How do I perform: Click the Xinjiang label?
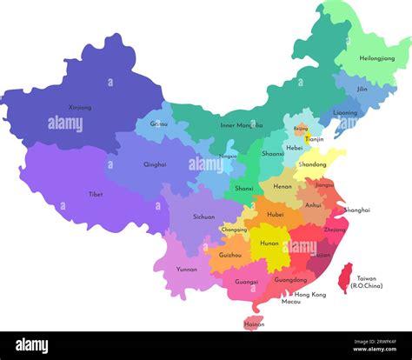click(80, 108)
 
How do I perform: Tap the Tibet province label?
click(95, 194)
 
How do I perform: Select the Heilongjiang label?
click(376, 57)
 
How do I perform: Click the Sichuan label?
click(203, 217)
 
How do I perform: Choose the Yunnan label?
click(186, 269)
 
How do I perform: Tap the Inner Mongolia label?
click(242, 125)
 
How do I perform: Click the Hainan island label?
click(255, 324)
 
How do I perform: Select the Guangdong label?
click(290, 280)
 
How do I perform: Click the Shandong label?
click(312, 164)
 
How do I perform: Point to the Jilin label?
click(362, 89)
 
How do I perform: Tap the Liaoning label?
click(344, 112)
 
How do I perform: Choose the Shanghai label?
click(356, 210)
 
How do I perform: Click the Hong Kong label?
click(309, 295)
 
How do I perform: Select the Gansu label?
click(159, 124)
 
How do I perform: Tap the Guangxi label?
click(246, 282)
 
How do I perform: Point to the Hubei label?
click(276, 214)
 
